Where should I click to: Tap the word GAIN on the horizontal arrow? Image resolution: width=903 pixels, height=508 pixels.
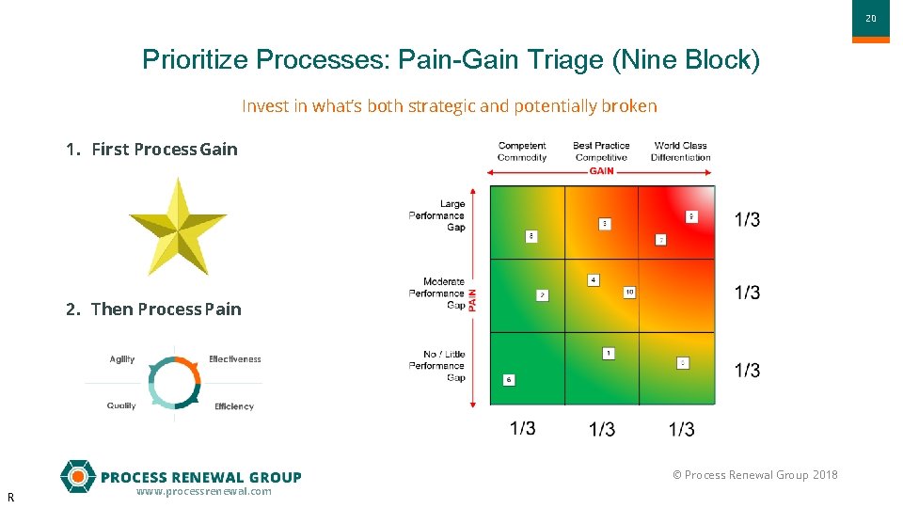point(601,171)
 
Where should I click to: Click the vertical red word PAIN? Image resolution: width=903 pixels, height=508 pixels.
point(473,299)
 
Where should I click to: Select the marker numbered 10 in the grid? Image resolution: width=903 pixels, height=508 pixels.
point(629,293)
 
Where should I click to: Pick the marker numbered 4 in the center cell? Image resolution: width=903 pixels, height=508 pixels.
point(594,280)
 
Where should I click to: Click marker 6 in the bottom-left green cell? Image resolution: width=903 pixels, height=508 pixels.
point(509,380)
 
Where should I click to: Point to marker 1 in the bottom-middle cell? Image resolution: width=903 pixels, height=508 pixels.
point(609,354)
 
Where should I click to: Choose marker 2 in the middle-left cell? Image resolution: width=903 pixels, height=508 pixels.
point(543,295)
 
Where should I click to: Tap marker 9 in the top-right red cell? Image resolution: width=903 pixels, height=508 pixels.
point(692,217)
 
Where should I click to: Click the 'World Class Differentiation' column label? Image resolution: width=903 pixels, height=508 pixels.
point(680,151)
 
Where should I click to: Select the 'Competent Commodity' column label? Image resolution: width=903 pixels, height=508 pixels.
point(522,151)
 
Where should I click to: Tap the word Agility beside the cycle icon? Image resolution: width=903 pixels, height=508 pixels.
point(122,359)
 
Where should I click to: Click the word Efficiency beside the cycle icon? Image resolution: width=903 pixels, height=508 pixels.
point(234,406)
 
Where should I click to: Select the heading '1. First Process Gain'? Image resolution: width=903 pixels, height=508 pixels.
point(151,150)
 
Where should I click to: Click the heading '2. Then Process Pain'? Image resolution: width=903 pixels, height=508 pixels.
point(153,310)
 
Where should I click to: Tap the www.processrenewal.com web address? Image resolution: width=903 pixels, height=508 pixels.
point(203,491)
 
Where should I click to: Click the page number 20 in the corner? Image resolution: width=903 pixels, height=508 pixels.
point(870,18)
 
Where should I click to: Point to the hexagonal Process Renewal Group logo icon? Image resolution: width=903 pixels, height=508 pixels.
point(78,476)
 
